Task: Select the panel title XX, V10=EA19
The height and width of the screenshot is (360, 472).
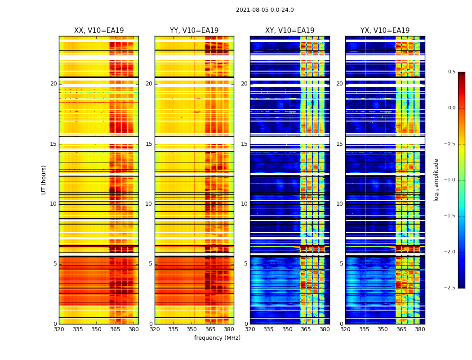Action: (x=99, y=31)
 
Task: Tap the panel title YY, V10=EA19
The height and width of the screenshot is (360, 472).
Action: (x=194, y=31)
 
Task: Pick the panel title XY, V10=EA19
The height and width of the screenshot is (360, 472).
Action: (x=289, y=31)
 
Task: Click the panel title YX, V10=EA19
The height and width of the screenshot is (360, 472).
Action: (x=385, y=31)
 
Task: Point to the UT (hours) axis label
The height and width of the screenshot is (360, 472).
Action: (x=44, y=180)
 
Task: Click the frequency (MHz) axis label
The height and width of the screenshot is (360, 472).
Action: (x=217, y=338)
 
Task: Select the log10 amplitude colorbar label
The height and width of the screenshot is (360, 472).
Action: (x=436, y=180)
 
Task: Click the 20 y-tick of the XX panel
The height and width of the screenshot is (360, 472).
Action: (x=53, y=84)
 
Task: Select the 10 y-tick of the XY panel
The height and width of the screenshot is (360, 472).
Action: (x=244, y=204)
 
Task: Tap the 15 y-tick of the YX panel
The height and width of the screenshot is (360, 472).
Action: (x=339, y=144)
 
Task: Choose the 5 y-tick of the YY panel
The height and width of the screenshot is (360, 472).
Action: (x=151, y=264)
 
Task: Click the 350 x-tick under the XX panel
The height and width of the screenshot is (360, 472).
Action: (x=96, y=329)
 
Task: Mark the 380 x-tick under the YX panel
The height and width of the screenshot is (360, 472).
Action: (x=420, y=329)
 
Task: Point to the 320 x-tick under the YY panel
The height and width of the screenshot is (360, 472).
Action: (x=155, y=329)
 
